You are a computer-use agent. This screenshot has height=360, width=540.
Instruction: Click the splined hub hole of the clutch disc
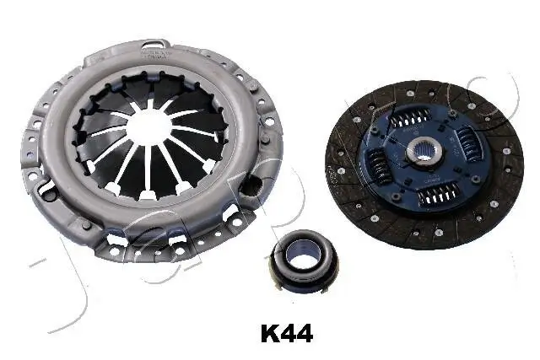tap(421, 153)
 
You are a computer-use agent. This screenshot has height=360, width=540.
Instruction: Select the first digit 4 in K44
tap(287, 334)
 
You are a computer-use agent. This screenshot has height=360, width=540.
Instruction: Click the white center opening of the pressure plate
tap(151, 126)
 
